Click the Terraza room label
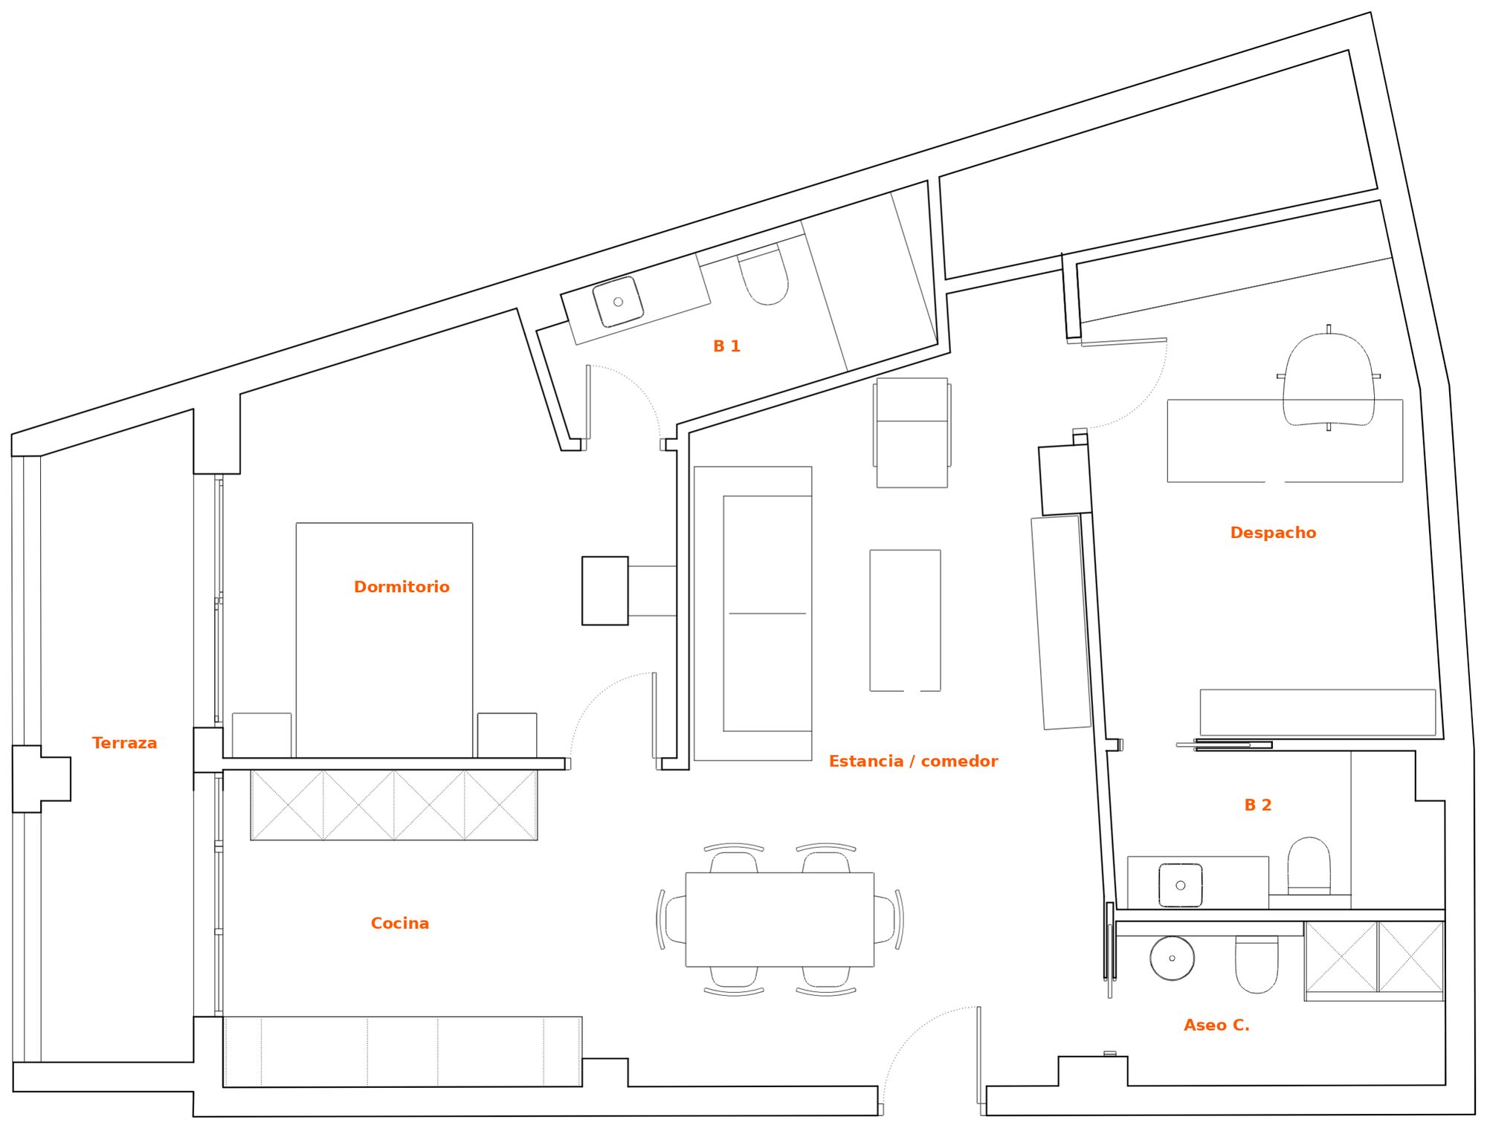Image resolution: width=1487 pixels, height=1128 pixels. coord(124,743)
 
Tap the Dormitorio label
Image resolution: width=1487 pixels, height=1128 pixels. coord(401,587)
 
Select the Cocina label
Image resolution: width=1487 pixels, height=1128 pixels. coord(400,923)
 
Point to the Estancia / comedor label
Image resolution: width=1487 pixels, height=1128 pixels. coord(913,761)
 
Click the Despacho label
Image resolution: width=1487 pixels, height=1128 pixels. coord(1273,533)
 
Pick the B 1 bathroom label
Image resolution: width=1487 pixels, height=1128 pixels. coord(726,346)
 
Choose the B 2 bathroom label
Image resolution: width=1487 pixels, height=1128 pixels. coord(1258,805)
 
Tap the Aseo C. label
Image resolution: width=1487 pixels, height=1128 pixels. coord(1216,1025)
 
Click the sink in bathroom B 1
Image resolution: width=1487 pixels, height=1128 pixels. coord(618,302)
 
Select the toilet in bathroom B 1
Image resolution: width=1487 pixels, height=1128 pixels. coord(763,276)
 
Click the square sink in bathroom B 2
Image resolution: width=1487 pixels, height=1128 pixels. coord(1180,885)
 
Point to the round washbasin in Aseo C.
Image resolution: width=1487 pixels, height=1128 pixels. coord(1172,958)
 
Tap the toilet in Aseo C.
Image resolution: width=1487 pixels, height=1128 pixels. coord(1257,965)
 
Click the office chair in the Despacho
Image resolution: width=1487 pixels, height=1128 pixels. coord(1329,378)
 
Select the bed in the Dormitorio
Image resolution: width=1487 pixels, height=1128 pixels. coord(384,641)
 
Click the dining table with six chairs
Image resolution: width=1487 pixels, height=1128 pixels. coord(779,919)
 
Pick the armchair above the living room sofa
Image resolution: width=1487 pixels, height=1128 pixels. coord(912,432)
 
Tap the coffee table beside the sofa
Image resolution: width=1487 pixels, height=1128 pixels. coord(905,620)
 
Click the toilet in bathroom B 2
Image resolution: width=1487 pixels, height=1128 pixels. coord(1309,866)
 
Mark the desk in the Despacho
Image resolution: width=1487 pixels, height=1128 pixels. coord(1285,441)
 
